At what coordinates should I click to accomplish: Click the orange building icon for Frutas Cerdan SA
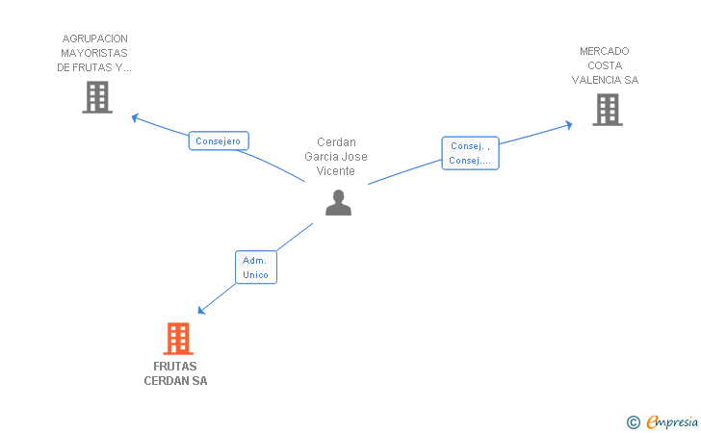pyautogui.click(x=177, y=339)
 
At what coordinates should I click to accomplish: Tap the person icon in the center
pyautogui.click(x=338, y=202)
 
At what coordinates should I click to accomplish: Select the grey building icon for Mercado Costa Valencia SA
pyautogui.click(x=607, y=110)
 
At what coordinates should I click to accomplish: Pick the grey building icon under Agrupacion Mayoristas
pyautogui.click(x=97, y=97)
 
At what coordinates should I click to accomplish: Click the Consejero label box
pyautogui.click(x=219, y=141)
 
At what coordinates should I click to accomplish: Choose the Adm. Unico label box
pyautogui.click(x=256, y=267)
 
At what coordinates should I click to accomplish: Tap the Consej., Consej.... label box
pyautogui.click(x=470, y=154)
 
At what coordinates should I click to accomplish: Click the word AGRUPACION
pyautogui.click(x=94, y=38)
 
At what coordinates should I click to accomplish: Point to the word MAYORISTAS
pyautogui.click(x=94, y=53)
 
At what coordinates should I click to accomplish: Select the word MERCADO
pyautogui.click(x=605, y=51)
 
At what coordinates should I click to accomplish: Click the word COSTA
pyautogui.click(x=605, y=65)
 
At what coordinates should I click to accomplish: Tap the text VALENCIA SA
pyautogui.click(x=605, y=80)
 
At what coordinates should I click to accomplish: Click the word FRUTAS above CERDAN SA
pyautogui.click(x=175, y=366)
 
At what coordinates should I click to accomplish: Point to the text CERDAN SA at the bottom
pyautogui.click(x=175, y=380)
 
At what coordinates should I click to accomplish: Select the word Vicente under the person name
pyautogui.click(x=336, y=171)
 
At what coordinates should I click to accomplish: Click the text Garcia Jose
pyautogui.click(x=336, y=157)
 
